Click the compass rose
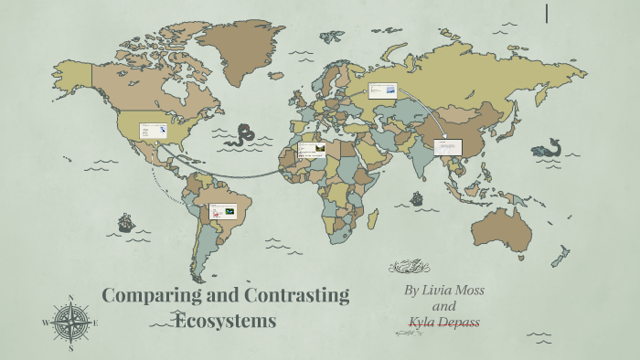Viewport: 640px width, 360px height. [70, 323]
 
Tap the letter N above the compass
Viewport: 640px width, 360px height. [70, 298]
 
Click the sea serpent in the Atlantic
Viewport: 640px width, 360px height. [243, 135]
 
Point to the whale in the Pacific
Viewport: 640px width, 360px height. [549, 147]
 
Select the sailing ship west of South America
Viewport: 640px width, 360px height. [125, 223]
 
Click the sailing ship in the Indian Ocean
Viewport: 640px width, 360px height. [417, 197]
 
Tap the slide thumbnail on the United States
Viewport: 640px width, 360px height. [153, 131]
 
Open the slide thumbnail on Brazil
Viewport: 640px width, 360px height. [223, 212]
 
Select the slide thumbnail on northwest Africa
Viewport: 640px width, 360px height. [312, 148]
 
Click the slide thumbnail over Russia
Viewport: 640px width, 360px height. [383, 90]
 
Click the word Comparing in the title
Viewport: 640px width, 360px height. [146, 296]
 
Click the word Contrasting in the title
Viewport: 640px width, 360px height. [297, 296]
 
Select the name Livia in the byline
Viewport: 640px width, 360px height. [445, 291]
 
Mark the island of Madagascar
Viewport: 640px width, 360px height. [372, 219]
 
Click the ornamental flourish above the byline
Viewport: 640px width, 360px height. [409, 267]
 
